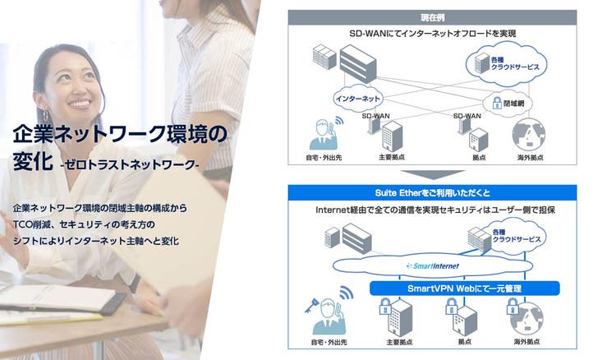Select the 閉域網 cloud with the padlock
pos(503,104)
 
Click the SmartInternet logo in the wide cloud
pos(432,266)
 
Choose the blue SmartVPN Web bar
pos(464,288)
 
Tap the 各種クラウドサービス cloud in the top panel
pos(501,63)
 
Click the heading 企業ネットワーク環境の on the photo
pos(119,132)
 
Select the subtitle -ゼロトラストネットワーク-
pos(129,164)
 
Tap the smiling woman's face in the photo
pos(74,90)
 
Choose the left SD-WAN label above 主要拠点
pos(376,117)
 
